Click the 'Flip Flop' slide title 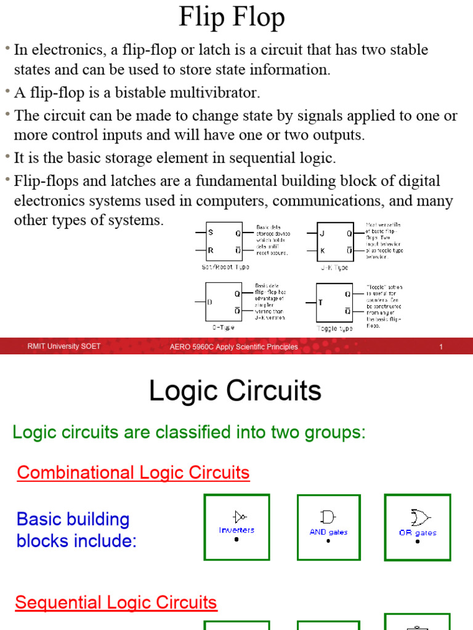[x=232, y=17]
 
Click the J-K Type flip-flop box [x=335, y=242]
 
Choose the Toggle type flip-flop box [x=335, y=302]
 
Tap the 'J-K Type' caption [x=334, y=267]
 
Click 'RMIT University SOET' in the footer [x=64, y=347]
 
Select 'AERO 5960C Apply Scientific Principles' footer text [x=233, y=347]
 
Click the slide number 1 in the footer [x=441, y=347]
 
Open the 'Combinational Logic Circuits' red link [x=133, y=472]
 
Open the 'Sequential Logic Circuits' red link [x=116, y=602]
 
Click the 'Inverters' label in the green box [x=236, y=530]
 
